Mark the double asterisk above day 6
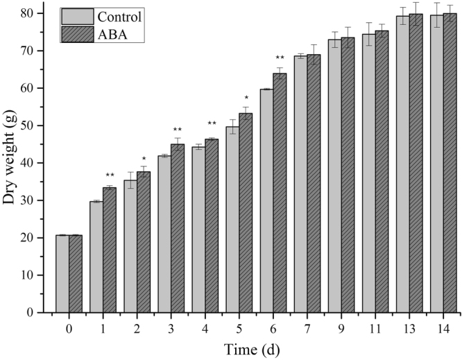tap(280, 58)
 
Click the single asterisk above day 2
tap(144, 159)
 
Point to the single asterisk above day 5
tap(246, 98)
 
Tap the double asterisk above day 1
tap(110, 175)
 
